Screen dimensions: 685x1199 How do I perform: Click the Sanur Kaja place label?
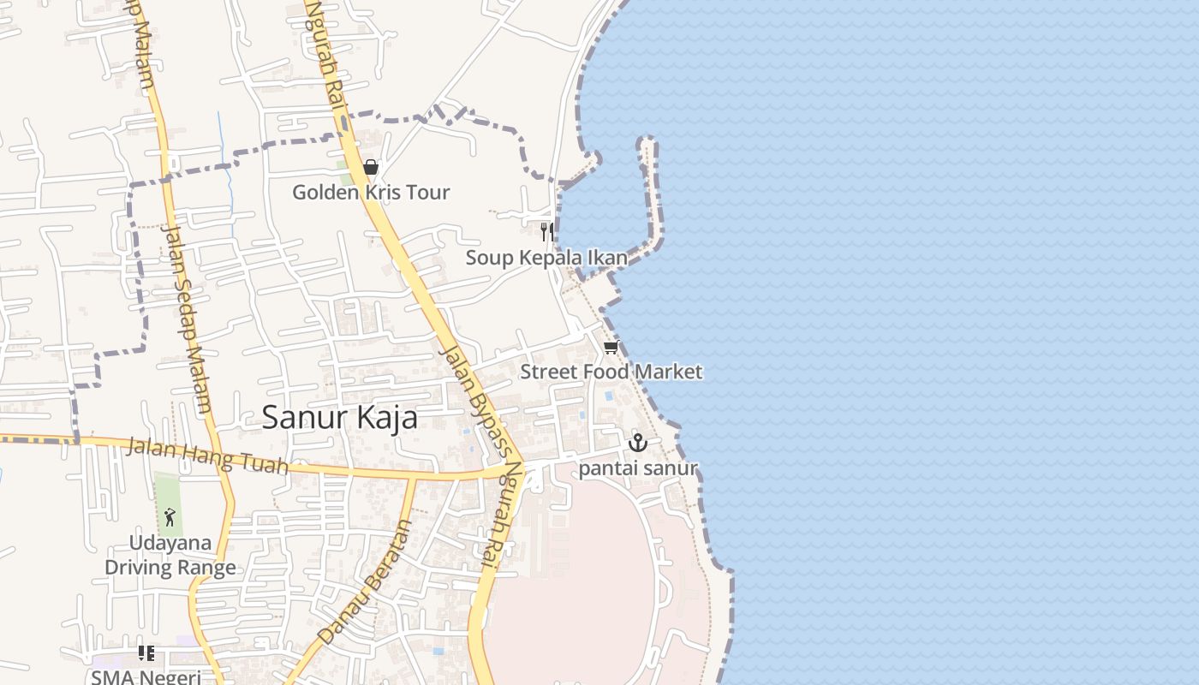[x=339, y=418]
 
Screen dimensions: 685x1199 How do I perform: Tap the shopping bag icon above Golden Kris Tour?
[x=370, y=167]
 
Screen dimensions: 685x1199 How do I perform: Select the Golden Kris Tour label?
[x=370, y=192]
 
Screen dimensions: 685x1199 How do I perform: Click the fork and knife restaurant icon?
[x=546, y=232]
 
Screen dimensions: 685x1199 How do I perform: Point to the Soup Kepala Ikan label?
[x=546, y=258]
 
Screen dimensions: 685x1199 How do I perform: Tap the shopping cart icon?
[x=611, y=347]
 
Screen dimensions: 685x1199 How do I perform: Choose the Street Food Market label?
[x=611, y=372]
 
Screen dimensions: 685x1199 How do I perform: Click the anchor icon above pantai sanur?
[x=637, y=443]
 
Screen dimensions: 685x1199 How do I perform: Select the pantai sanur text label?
[x=637, y=468]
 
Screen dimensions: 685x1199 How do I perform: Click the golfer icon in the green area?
[x=170, y=517]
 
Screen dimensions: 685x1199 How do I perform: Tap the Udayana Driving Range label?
[x=170, y=555]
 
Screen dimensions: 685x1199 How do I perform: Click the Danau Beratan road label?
[x=364, y=582]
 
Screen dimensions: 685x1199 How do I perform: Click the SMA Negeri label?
[x=146, y=676]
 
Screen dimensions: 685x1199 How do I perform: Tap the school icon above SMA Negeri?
[x=146, y=653]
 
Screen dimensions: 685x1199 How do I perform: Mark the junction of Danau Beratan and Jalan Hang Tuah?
[x=415, y=476]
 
